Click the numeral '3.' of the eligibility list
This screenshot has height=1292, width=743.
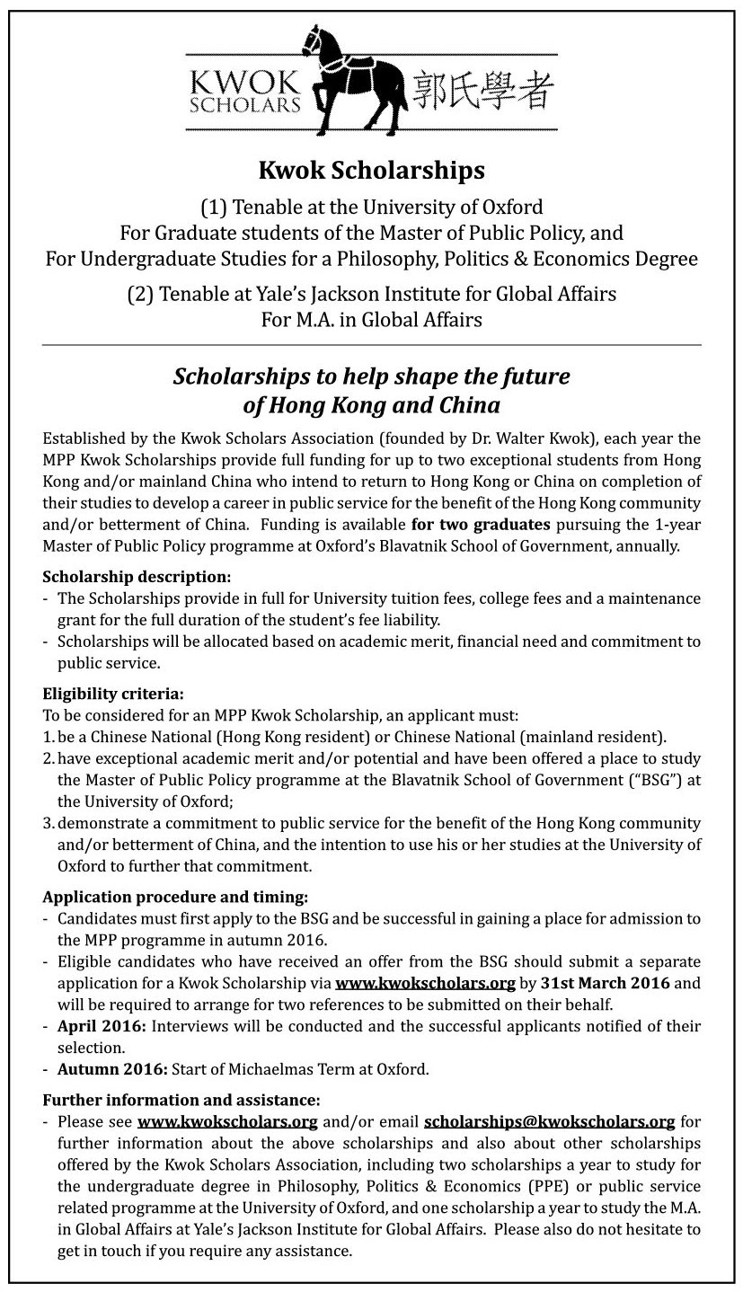[x=49, y=824]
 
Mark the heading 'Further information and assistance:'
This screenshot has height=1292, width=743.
[x=181, y=1100]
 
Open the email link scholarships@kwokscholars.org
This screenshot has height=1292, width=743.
[x=549, y=1121]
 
